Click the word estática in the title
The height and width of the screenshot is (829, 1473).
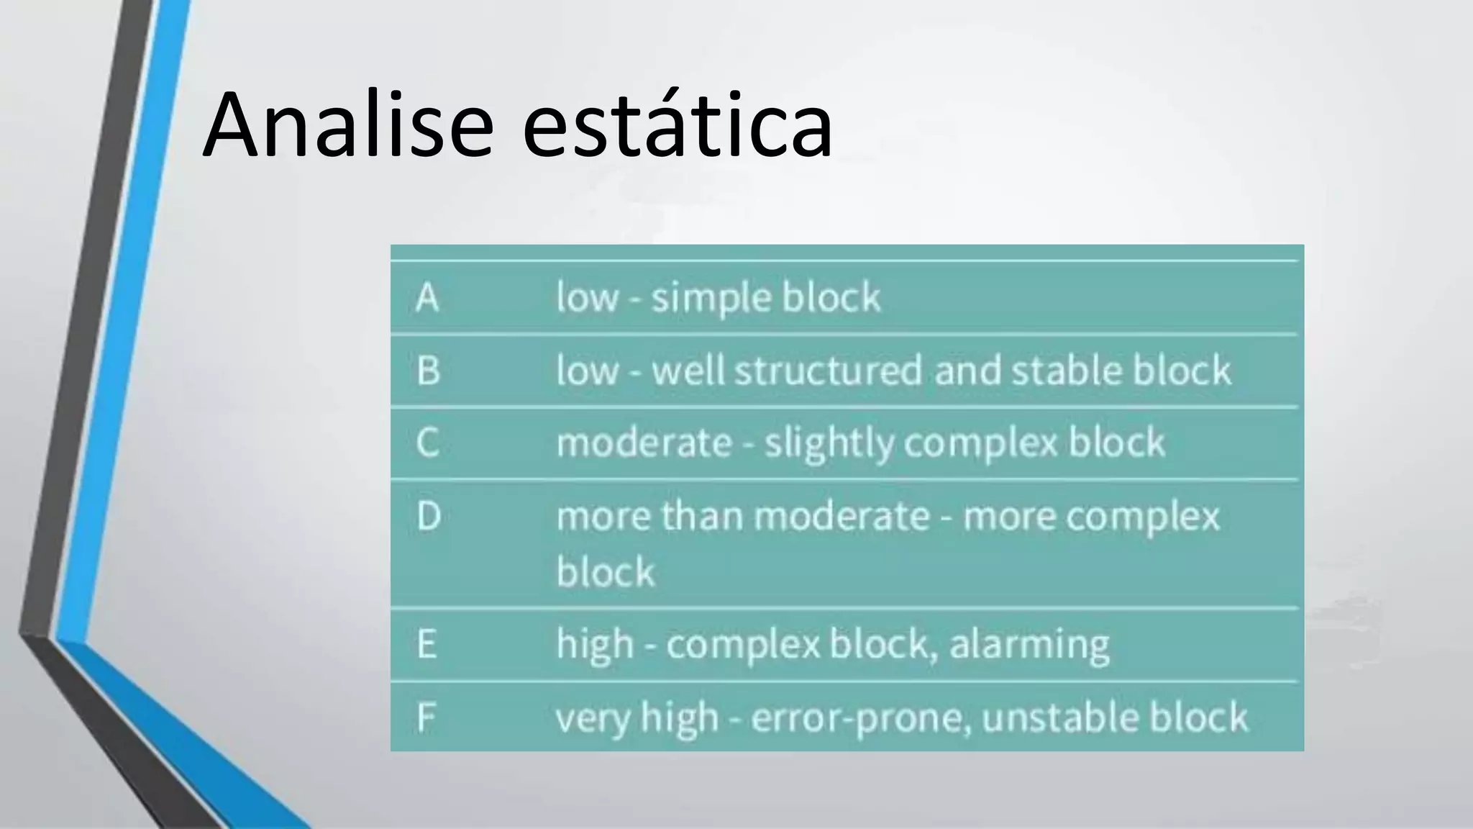coord(676,124)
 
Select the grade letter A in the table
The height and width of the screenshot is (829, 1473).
coord(427,297)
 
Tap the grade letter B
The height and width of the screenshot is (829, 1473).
coord(428,371)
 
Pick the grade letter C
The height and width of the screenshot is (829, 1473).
coord(427,442)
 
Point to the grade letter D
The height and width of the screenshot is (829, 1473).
coord(429,516)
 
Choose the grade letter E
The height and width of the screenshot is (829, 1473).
coord(427,644)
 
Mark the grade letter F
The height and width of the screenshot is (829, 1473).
coord(426,717)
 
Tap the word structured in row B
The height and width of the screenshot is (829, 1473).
coord(828,371)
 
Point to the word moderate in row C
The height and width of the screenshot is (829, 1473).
coord(644,443)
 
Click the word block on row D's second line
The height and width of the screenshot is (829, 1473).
coord(606,573)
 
